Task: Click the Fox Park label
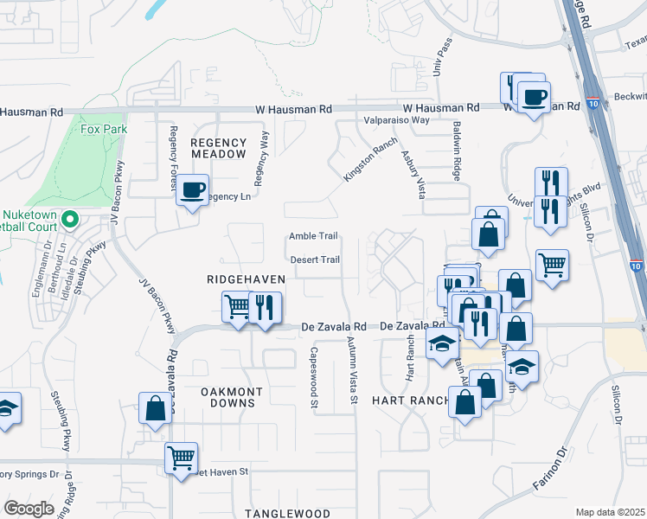pos(98,130)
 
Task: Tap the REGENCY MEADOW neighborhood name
pos(219,147)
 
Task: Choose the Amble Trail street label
pos(312,236)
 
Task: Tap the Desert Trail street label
pos(313,259)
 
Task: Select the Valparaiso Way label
pos(396,120)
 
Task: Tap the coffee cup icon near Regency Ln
pos(192,189)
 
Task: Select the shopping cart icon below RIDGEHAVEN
pos(237,306)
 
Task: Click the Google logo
pos(29,509)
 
